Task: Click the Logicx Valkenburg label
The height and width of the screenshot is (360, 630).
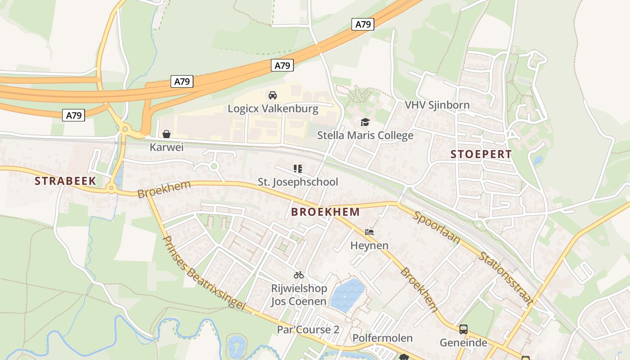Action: [x=273, y=108]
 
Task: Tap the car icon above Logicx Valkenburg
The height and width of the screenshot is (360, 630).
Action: [x=272, y=95]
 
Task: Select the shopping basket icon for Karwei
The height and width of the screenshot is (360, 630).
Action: [x=166, y=134]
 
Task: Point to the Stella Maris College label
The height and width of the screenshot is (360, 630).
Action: [x=365, y=135]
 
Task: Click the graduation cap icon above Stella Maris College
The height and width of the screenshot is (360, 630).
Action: [x=365, y=122]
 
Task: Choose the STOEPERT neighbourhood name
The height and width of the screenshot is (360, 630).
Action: [x=481, y=154]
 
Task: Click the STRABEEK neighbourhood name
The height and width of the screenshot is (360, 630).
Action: [x=65, y=181]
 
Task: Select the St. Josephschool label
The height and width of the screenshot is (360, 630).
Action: [x=297, y=182]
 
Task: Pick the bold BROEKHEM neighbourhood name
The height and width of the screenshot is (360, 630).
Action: [x=325, y=211]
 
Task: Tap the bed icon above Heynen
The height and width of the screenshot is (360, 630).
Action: [x=369, y=232]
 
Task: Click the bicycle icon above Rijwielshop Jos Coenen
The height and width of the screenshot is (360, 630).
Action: [x=299, y=274]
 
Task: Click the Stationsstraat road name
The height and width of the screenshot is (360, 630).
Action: [x=506, y=279]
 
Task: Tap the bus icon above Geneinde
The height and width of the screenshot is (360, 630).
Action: [x=463, y=329]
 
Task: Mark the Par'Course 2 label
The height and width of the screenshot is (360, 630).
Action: [x=308, y=329]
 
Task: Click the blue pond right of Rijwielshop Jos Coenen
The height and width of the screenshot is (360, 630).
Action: [x=347, y=295]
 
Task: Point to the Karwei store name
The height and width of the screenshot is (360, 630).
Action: [x=166, y=147]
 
